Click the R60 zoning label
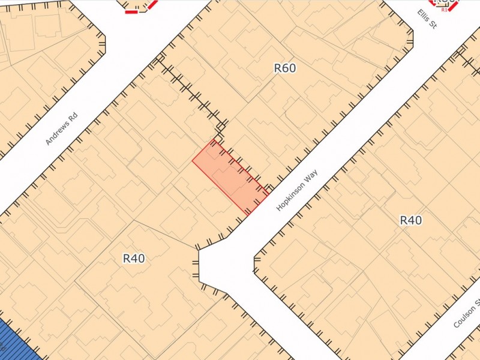(285, 68)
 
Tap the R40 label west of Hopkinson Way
(134, 259)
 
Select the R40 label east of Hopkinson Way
(410, 220)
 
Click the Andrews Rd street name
(62, 129)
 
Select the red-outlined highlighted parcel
(230, 176)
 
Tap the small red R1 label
(445, 10)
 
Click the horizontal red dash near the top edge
(131, 11)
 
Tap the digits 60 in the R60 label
(289, 68)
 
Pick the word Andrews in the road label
(58, 134)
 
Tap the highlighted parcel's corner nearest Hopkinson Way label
(268, 193)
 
